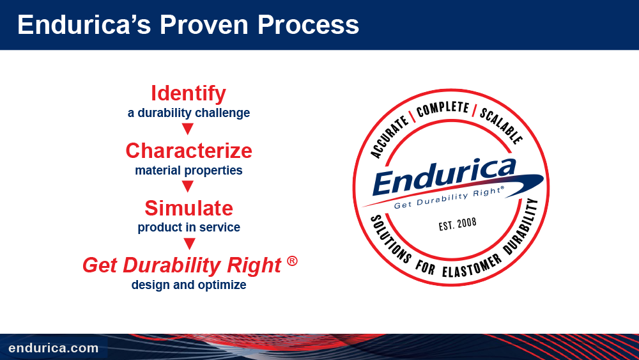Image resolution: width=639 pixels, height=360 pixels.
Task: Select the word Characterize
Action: coord(189,151)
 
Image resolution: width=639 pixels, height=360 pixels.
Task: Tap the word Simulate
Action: coord(189,208)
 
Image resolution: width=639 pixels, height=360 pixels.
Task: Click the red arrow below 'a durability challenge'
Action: coord(187,129)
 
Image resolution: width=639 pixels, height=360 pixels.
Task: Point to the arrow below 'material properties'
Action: coord(187,186)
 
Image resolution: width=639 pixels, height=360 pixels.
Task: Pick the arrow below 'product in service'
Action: coord(189,244)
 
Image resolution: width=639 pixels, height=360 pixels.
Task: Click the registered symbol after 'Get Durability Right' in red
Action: coord(292,261)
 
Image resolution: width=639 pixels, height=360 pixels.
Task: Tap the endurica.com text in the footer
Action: coord(54,348)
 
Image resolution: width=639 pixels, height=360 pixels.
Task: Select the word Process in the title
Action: coord(308,24)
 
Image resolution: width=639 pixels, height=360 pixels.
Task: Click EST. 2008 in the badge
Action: coord(458,224)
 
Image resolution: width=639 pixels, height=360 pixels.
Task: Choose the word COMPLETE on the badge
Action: coord(443,109)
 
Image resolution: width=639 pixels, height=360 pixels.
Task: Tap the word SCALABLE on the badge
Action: coord(501,125)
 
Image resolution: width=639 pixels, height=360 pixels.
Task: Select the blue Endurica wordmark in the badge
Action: coord(444,176)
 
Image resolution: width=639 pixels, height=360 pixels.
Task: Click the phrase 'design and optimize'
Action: coord(189,285)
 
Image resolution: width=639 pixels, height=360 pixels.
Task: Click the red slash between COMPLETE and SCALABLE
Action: coord(474,110)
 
